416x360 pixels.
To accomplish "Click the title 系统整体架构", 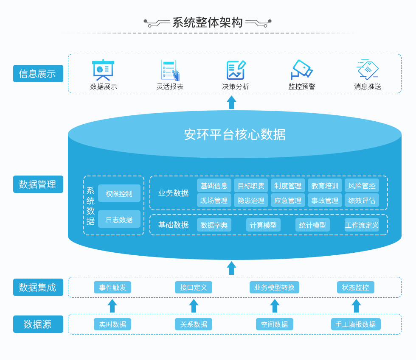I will coord(207,22).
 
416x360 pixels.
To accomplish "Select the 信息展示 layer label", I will coord(38,73).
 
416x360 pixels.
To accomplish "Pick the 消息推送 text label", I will coord(368,87).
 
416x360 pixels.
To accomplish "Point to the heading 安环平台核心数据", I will coord(234,134).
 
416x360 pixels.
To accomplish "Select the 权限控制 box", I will coord(119,193).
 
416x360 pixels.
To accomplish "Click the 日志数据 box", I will coord(119,219).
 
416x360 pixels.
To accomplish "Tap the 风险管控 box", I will coord(362,185).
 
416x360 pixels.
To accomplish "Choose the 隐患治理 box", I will coord(251,200).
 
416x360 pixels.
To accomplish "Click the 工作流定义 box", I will coord(362,225).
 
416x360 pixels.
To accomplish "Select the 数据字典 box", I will coord(214,225).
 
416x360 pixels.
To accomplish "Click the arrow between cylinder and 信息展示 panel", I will coord(231,102).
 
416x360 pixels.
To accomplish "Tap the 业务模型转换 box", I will coord(274,287).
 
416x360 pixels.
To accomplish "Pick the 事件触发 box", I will coord(112,287).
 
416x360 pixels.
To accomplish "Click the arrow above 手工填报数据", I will coord(356,306).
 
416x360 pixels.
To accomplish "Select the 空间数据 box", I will coord(274,324).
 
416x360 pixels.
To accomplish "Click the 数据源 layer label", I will coord(38,324).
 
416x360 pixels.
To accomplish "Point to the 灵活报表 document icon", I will coord(170,70).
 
